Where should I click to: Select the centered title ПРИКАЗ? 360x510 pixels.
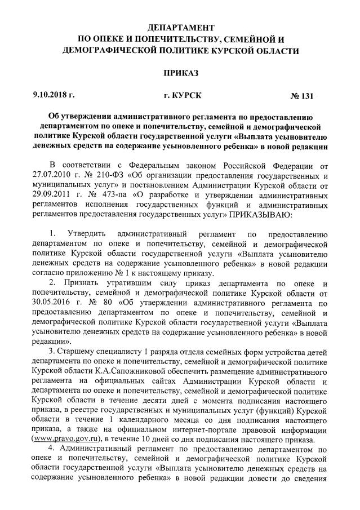(180, 73)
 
